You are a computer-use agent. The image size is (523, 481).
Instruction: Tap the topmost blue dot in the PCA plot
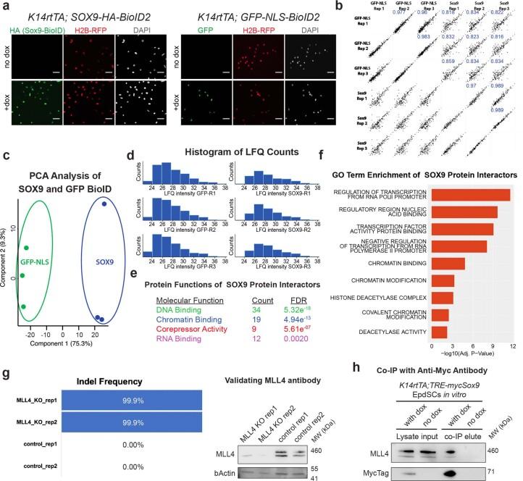(104, 204)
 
